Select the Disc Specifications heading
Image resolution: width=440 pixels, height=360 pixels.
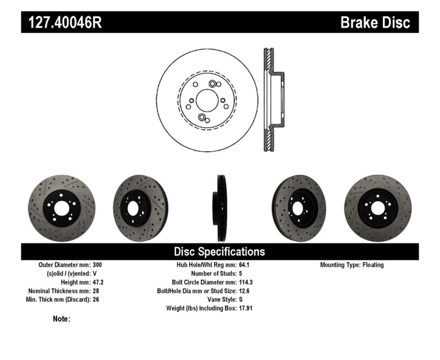point(219,252)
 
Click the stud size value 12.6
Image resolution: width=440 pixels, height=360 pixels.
point(245,291)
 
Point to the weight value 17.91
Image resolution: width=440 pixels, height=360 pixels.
point(246,308)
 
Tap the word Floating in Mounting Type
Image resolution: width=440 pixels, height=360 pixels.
point(373,265)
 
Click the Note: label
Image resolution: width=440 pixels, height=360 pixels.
point(62,319)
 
